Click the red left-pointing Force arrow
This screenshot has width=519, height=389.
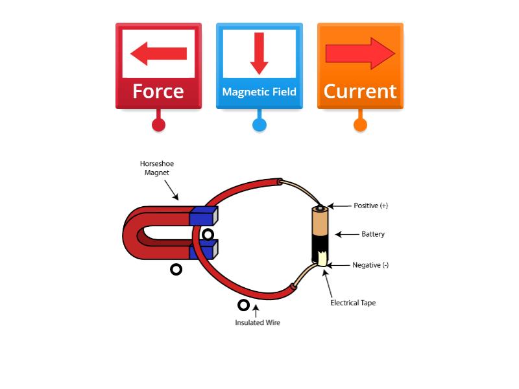click(158, 53)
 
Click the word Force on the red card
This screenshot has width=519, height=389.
click(158, 91)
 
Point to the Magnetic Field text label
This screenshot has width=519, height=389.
click(259, 92)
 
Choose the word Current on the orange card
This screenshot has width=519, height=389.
click(360, 91)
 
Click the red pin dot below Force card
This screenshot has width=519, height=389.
click(158, 124)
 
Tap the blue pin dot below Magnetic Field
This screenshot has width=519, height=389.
click(259, 124)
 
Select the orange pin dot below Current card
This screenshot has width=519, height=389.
click(360, 124)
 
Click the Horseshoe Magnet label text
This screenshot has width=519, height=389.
click(156, 168)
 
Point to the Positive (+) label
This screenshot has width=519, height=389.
click(370, 206)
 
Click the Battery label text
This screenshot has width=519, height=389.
click(373, 234)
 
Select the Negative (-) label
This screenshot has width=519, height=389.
click(370, 265)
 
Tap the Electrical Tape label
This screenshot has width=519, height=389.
click(353, 303)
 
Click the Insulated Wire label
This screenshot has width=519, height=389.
click(258, 322)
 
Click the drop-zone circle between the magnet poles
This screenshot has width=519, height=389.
click(208, 234)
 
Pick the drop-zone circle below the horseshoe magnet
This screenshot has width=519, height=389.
click(176, 269)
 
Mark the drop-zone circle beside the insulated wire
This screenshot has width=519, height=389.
click(243, 305)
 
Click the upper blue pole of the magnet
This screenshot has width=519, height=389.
click(203, 216)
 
